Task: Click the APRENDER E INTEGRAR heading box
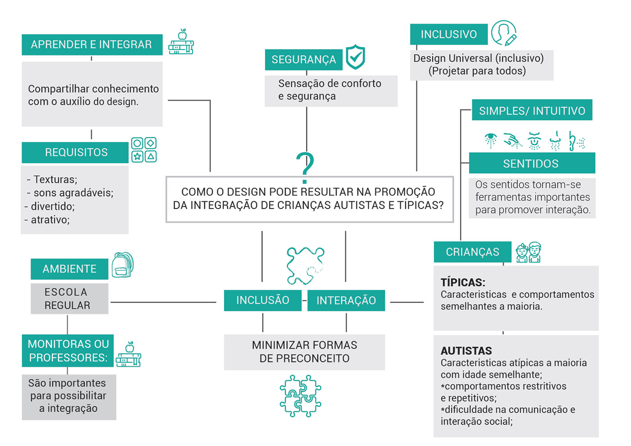[x=92, y=45]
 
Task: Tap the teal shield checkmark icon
[x=355, y=57]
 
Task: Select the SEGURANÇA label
[x=303, y=59]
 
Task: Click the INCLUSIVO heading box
[x=448, y=34]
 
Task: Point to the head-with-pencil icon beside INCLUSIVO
[x=503, y=33]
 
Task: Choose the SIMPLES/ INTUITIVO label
[x=532, y=110]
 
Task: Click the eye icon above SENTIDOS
[x=491, y=140]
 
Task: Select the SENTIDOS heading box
[x=531, y=164]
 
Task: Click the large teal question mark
[x=305, y=167]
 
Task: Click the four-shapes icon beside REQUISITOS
[x=144, y=150]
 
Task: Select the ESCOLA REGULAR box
[x=69, y=299]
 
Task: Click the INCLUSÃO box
[x=262, y=300]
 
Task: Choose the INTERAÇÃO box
[x=346, y=300]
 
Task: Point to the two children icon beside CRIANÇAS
[x=528, y=252]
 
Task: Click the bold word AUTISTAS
[x=466, y=351]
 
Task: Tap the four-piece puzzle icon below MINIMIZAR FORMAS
[x=300, y=395]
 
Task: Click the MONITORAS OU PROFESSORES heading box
[x=68, y=350]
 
